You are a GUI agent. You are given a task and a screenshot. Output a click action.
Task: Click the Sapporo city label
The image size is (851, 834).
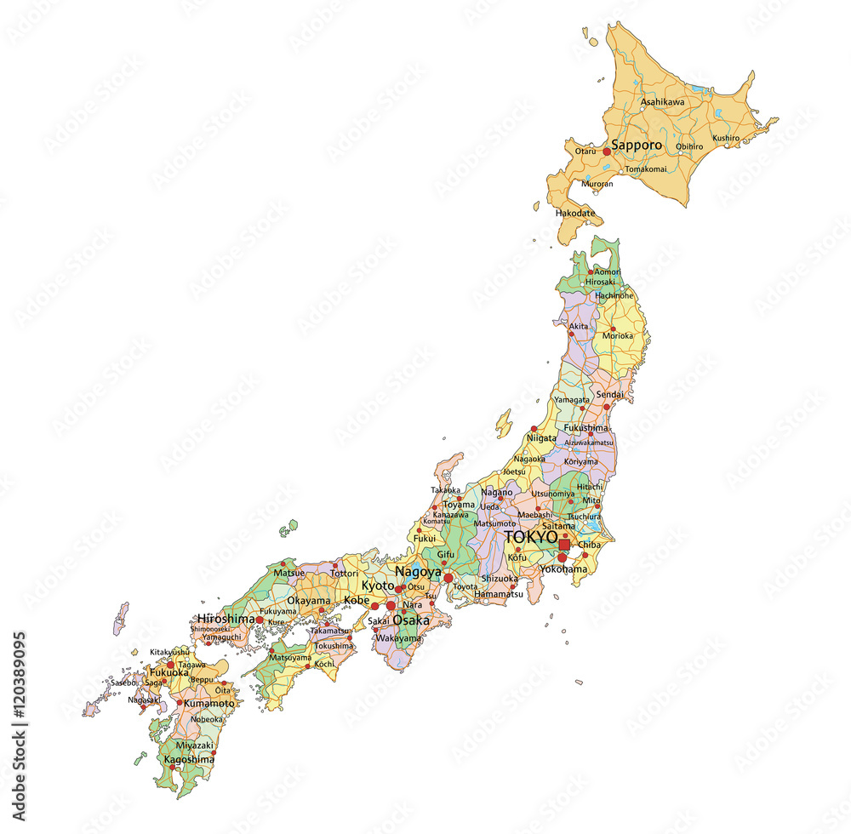[637, 146]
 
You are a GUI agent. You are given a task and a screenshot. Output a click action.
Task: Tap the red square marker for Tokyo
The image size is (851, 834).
[564, 545]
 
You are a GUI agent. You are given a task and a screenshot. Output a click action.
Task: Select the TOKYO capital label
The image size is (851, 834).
[531, 538]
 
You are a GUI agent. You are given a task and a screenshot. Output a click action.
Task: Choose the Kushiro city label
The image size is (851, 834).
[726, 138]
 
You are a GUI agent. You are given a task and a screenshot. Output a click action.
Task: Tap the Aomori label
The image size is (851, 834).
[608, 271]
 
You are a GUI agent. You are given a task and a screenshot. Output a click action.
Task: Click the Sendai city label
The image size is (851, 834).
[609, 395]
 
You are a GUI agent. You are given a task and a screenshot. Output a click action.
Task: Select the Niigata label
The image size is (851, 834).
[541, 438]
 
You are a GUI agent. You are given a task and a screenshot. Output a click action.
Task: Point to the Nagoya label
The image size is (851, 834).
[418, 572]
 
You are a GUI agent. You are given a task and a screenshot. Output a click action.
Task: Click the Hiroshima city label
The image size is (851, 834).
[226, 619]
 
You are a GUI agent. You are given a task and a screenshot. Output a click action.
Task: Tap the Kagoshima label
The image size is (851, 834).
[189, 759]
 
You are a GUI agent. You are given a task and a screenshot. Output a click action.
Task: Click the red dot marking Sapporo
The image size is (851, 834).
[607, 151]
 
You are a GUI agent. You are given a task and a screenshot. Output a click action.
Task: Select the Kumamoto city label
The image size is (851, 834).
[208, 704]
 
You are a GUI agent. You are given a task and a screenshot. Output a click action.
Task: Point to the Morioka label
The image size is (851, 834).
[618, 335]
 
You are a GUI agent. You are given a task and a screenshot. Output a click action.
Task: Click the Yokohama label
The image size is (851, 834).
[563, 568]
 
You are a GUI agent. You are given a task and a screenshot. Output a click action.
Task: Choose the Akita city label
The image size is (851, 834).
[578, 327]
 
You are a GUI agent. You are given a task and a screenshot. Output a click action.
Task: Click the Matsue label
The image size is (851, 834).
[289, 574]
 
